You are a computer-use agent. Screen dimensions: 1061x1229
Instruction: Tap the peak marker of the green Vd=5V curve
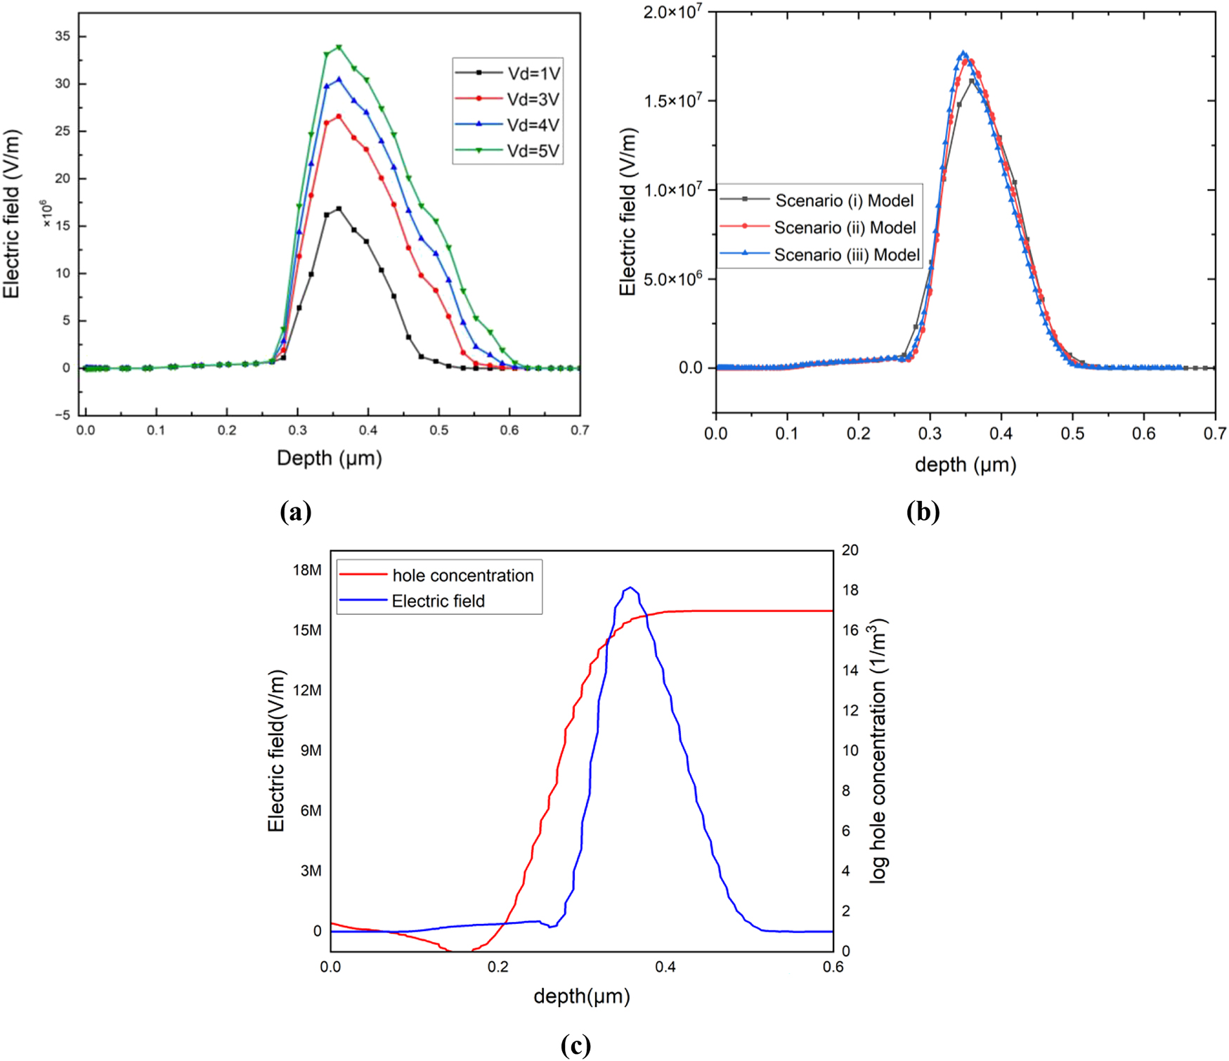tap(339, 47)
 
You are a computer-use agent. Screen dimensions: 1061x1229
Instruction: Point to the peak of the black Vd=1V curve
tap(339, 209)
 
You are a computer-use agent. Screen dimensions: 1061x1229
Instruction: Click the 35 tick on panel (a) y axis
tap(63, 37)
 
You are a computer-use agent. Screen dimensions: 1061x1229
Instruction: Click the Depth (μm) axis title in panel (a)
tap(329, 458)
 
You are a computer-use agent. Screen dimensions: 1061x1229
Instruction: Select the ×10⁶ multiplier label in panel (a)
tap(46, 214)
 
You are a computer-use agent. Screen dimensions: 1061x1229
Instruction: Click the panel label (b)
tap(923, 512)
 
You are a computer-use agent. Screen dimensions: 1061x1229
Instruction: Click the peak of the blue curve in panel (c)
tap(630, 587)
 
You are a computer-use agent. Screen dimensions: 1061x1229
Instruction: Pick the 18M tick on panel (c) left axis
tap(307, 570)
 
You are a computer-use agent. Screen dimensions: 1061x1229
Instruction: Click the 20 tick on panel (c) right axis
tap(850, 550)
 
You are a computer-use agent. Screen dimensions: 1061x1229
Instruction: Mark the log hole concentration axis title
tap(880, 750)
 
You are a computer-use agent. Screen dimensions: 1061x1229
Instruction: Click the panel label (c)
tap(576, 1045)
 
